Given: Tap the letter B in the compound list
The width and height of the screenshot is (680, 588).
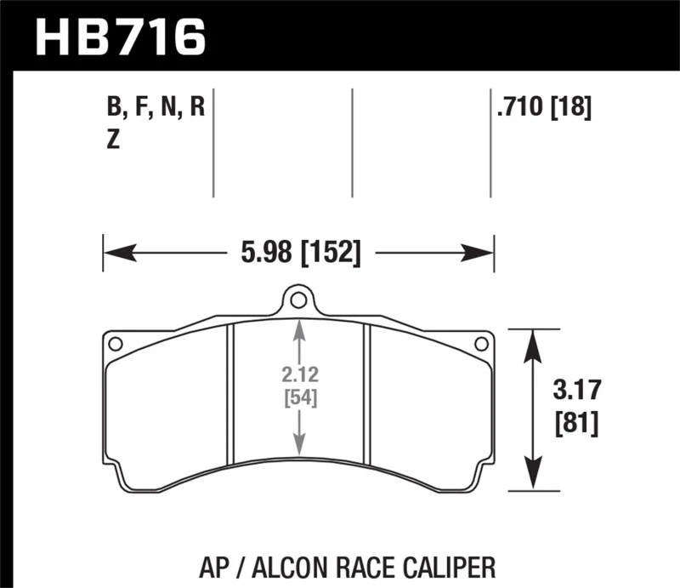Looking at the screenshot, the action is tap(112, 109).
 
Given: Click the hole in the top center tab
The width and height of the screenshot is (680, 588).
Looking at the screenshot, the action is tap(295, 300).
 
